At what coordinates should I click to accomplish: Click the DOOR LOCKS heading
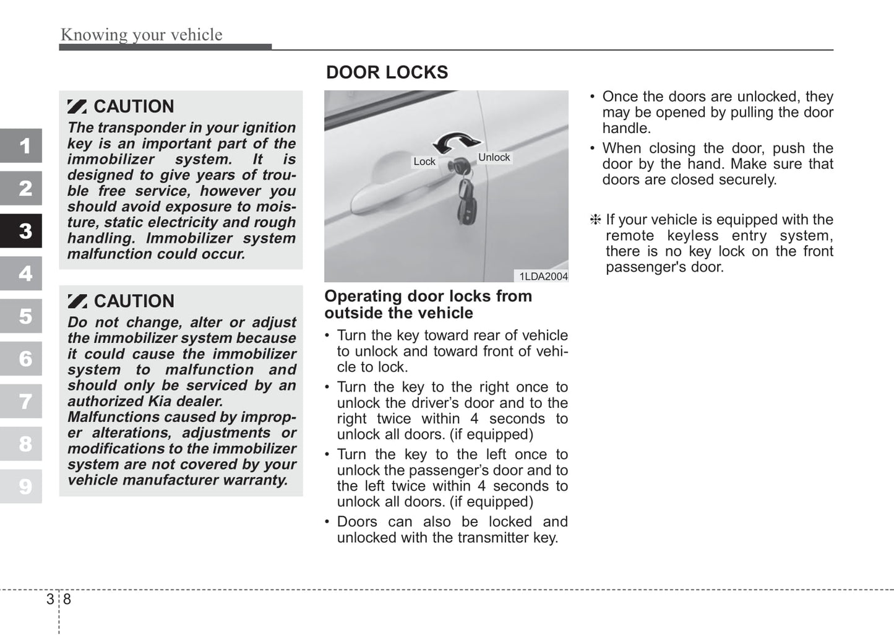click(387, 72)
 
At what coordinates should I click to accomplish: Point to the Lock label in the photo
click(424, 162)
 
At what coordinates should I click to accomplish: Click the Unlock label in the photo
click(494, 157)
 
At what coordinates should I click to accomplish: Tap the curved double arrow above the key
click(457, 142)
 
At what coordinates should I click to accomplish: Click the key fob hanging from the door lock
click(466, 201)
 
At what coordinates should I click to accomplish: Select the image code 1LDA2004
click(543, 277)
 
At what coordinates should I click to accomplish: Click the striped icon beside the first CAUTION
click(77, 106)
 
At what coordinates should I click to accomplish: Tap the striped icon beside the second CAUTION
click(77, 301)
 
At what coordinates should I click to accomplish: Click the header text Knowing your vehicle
click(141, 35)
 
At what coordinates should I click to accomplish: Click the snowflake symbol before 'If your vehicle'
click(595, 220)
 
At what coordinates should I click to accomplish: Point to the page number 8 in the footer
click(67, 599)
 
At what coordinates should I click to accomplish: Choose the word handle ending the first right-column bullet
click(626, 128)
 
